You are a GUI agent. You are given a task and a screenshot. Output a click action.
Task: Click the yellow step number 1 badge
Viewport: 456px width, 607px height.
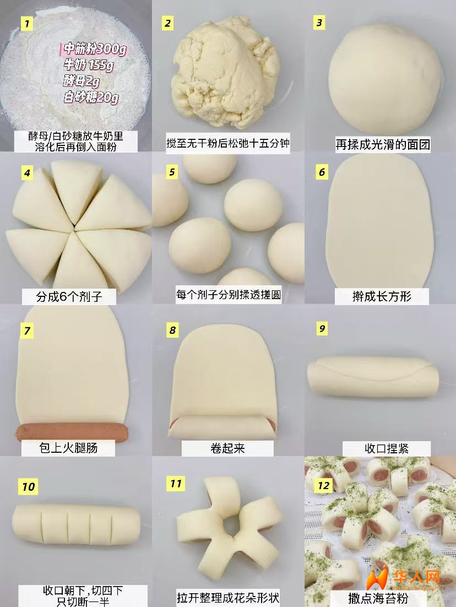point(26,24)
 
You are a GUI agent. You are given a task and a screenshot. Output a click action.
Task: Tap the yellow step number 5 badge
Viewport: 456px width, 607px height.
point(172,172)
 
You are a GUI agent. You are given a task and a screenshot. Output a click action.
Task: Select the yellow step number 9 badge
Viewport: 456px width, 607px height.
point(322,329)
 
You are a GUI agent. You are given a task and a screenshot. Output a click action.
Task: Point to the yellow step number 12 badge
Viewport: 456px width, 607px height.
point(324,485)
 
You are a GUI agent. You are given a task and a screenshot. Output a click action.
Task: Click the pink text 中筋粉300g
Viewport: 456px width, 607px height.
point(95,49)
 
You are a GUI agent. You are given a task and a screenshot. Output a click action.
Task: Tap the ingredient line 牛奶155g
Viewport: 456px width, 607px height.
point(89,64)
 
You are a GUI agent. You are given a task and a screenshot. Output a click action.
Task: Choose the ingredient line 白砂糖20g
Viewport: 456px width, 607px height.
point(91,96)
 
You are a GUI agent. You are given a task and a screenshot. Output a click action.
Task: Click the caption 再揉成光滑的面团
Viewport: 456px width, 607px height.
point(382,144)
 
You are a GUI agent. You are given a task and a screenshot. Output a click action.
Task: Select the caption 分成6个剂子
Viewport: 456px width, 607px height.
point(69,296)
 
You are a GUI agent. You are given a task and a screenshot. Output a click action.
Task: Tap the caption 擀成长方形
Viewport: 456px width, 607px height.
point(381,296)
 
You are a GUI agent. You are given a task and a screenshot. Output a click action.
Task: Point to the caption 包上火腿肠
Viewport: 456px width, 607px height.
point(68,448)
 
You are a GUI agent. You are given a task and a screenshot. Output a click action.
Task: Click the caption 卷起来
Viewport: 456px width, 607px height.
point(227,448)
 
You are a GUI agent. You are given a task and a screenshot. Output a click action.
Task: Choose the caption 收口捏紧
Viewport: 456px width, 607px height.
point(386,448)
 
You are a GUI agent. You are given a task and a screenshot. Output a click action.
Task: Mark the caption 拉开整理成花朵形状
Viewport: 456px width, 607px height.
point(227,597)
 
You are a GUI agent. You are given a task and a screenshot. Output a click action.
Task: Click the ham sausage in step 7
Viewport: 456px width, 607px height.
point(72,432)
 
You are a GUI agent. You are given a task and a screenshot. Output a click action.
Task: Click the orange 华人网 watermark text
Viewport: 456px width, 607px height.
point(417,577)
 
